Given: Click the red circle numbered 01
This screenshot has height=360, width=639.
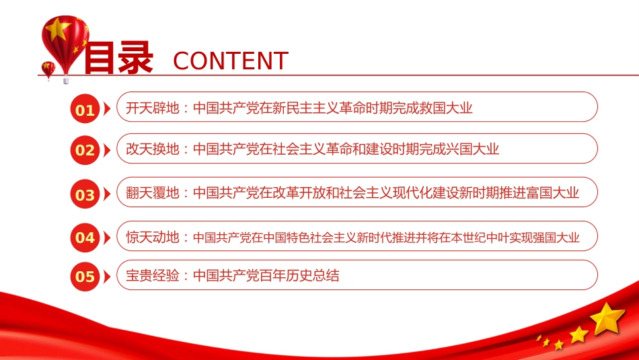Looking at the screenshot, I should point(85,110).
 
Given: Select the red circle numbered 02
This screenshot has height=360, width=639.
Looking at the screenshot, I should point(85,150).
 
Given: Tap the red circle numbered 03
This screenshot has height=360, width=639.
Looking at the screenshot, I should point(85,195).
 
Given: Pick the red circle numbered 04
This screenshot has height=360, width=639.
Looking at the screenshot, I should point(85,237).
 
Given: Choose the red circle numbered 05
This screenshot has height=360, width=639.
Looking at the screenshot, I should point(85,276).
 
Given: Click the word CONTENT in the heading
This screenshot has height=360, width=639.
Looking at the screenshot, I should point(231,61).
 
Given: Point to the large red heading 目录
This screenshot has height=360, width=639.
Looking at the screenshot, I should point(118,59).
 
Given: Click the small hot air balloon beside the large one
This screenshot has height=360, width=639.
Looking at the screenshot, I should point(48,69).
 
